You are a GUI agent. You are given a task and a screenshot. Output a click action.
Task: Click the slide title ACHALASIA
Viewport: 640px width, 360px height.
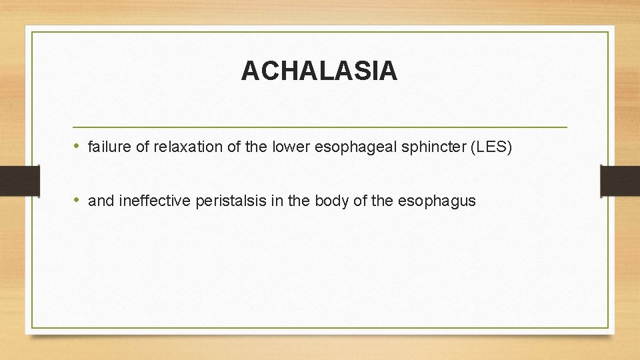click(319, 71)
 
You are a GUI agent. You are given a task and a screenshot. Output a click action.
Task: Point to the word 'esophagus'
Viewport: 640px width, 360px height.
click(437, 201)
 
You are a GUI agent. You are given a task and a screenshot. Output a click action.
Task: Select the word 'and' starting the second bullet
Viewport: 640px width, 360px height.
click(101, 201)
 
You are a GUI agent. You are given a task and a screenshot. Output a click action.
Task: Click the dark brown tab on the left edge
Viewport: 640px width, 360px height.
click(19, 180)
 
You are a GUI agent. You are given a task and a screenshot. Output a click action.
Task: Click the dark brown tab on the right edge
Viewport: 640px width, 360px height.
click(620, 180)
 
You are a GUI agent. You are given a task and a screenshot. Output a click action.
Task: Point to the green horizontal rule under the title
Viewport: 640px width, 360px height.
click(319, 127)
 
